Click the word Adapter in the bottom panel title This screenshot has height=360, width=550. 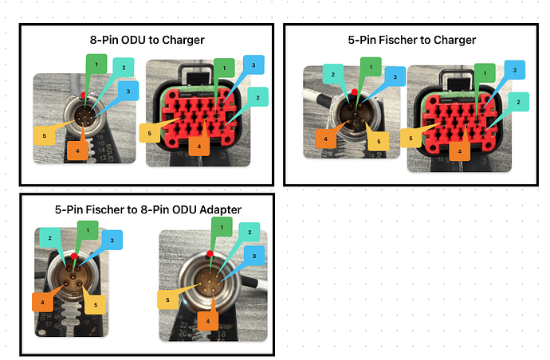click(x=220, y=209)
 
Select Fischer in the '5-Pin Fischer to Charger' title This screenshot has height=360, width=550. click(x=399, y=40)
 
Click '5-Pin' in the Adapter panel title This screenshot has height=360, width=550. click(x=69, y=209)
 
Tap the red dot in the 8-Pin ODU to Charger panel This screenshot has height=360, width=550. click(x=83, y=95)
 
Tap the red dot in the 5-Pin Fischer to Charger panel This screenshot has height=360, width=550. click(x=355, y=92)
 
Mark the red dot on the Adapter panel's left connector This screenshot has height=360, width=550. click(x=73, y=256)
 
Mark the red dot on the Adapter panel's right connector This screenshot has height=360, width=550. click(x=210, y=254)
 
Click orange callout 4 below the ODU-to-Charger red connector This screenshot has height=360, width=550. click(x=199, y=147)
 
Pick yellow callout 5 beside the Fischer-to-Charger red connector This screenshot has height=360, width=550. click(x=411, y=138)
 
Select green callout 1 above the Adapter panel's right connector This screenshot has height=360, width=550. click(x=222, y=227)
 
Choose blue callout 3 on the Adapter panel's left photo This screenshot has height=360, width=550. click(x=112, y=240)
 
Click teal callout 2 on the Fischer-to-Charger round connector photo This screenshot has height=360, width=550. click(x=333, y=74)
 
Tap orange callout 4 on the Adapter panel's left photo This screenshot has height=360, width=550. click(x=42, y=302)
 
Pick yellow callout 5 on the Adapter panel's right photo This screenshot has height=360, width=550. click(x=167, y=299)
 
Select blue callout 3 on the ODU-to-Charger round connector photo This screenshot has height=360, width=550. click(x=128, y=91)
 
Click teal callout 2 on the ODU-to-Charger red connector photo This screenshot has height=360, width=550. click(x=257, y=97)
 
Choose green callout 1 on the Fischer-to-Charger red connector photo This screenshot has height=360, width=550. click(x=485, y=73)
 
